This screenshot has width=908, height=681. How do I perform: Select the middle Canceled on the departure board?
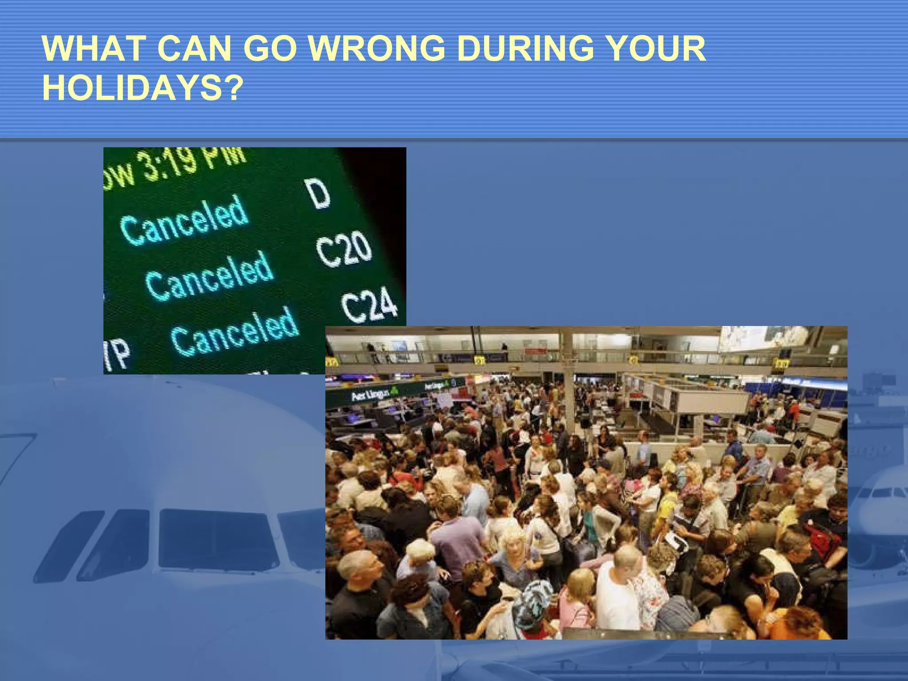[x=209, y=276]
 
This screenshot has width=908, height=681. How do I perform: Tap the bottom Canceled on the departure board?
[x=235, y=332]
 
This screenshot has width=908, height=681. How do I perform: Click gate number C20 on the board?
[x=344, y=249]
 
